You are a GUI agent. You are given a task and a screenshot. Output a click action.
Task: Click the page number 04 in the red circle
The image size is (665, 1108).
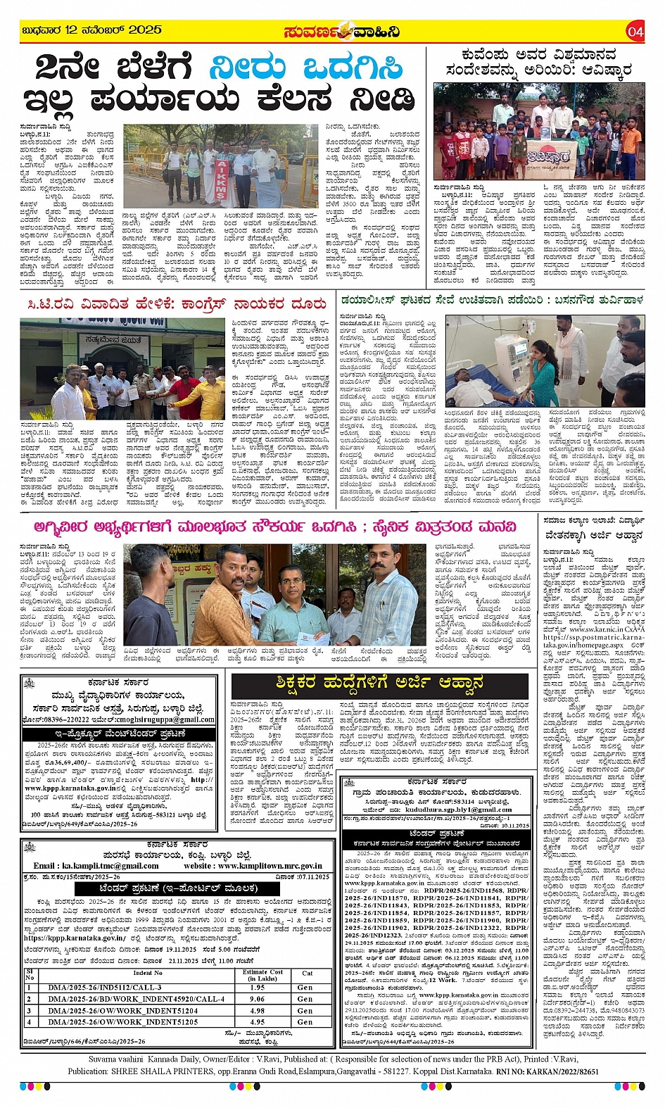[635, 31]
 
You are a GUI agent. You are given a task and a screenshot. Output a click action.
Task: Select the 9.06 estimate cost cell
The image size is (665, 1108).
[257, 998]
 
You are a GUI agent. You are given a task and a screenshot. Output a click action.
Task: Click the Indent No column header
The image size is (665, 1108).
[148, 973]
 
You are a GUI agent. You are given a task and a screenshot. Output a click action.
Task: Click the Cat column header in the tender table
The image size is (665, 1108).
[307, 973]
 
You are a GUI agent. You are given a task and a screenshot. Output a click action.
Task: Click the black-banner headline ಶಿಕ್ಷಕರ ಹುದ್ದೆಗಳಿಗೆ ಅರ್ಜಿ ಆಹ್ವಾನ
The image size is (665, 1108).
[380, 684]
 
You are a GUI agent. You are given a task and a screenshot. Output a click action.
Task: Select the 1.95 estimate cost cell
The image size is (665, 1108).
[257, 987]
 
